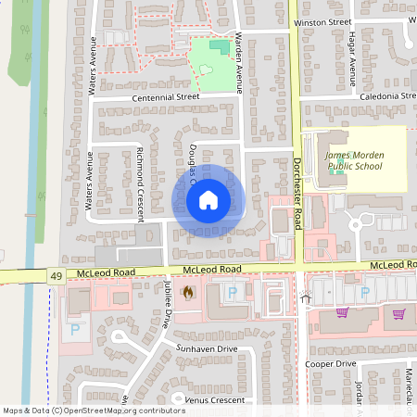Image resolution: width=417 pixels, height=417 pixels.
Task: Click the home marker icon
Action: pos(208,199)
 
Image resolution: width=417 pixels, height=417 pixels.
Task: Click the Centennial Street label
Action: pos(166,96)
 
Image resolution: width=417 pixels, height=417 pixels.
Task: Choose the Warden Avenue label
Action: pos(238,61)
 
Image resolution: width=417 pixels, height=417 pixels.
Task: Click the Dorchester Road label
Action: pos(298,184)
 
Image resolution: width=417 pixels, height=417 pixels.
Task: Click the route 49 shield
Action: pos(55,276)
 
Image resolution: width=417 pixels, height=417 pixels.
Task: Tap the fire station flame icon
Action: pos(188,293)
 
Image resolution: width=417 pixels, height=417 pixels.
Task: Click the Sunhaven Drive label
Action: pos(206,348)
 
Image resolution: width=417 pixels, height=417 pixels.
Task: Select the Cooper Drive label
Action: pos(331,364)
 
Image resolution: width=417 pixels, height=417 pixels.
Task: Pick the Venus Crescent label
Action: pos(214,400)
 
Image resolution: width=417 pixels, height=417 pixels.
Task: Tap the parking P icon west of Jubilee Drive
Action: pos(75,328)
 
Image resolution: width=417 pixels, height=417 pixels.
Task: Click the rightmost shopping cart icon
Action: pos(399,314)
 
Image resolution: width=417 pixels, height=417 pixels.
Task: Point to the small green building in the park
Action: pos(218,45)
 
